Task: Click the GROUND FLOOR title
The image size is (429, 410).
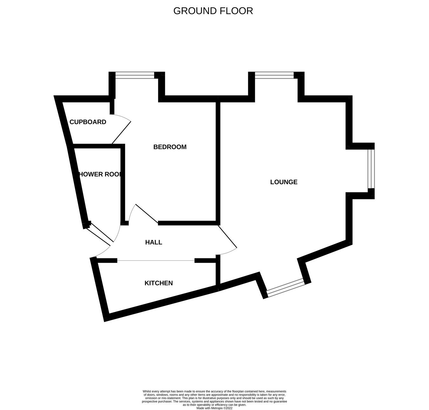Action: [213, 11]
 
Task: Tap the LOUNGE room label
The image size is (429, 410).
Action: [284, 182]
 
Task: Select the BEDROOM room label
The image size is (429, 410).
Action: [170, 147]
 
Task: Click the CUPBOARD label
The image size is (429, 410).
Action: [88, 122]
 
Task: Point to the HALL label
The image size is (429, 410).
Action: [153, 242]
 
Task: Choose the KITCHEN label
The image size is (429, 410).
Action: [159, 283]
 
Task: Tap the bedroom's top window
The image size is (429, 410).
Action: [135, 75]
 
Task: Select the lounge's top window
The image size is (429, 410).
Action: [274, 75]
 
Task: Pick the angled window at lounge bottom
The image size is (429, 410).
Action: [285, 288]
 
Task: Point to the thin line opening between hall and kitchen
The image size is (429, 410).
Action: [156, 261]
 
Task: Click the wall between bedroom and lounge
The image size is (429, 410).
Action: [218, 162]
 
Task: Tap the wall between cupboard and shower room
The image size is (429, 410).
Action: [97, 146]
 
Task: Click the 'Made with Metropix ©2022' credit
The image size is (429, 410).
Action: [214, 408]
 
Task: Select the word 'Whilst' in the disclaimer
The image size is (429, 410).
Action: [147, 391]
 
